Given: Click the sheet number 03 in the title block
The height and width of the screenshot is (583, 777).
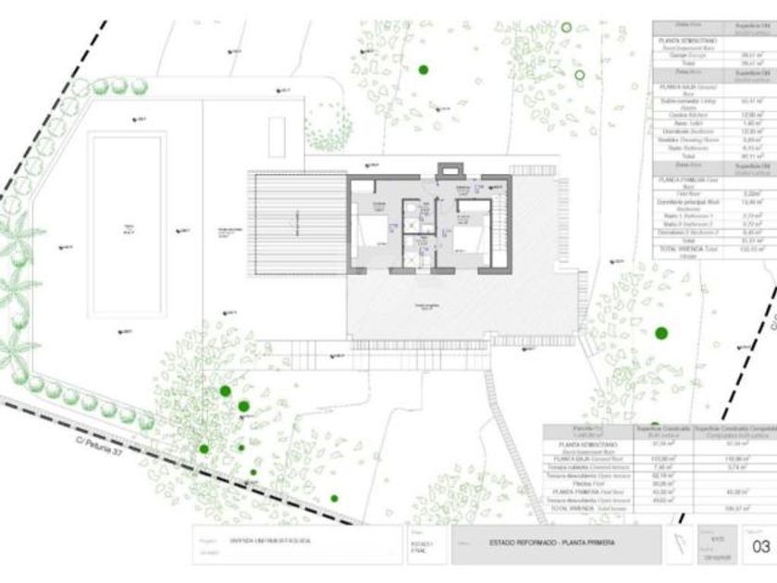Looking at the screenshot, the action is pyautogui.click(x=761, y=547).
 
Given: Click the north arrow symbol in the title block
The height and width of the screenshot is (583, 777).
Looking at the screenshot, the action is pyautogui.click(x=681, y=545).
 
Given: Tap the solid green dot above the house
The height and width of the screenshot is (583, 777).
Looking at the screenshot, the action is pyautogui.click(x=423, y=68).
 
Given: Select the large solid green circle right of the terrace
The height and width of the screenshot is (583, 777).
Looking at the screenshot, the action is pyautogui.click(x=660, y=333).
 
